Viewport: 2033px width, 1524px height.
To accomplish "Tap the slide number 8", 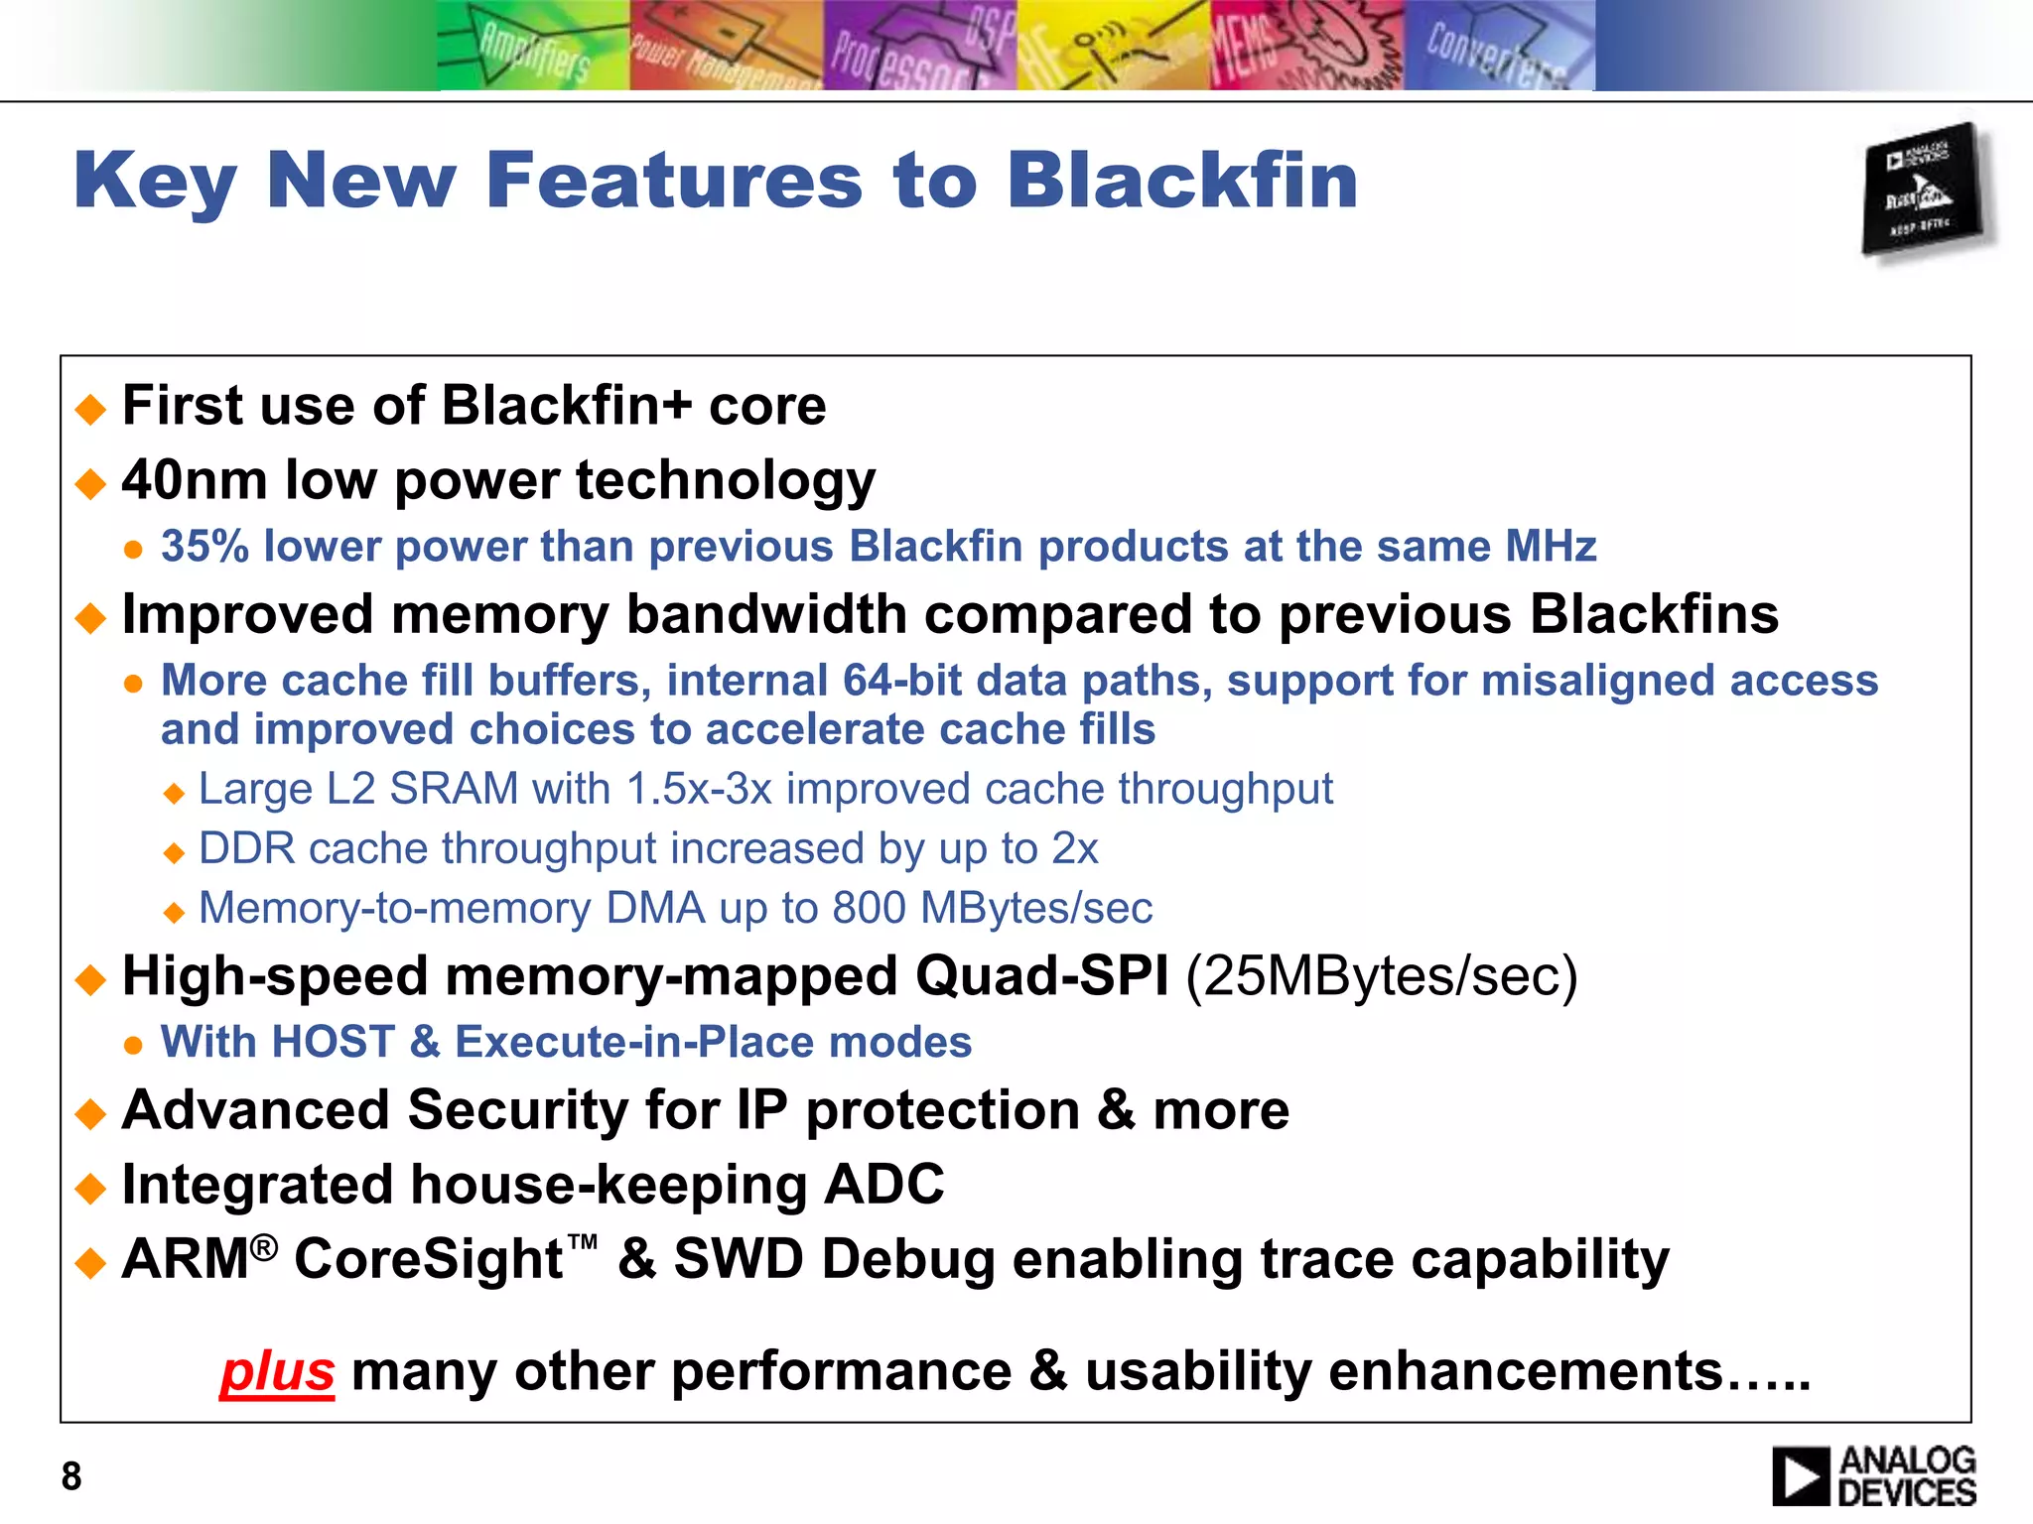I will pyautogui.click(x=71, y=1476).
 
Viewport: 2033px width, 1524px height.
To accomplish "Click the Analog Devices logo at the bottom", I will pyautogui.click(x=1874, y=1476).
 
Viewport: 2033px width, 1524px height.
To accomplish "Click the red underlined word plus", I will pyautogui.click(x=277, y=1371).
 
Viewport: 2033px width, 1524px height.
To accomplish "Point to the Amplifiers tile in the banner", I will pyautogui.click(x=534, y=48).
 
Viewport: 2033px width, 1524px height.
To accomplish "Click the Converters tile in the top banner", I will pyautogui.click(x=1499, y=48).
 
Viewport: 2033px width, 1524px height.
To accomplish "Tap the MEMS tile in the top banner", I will pyautogui.click(x=1306, y=48).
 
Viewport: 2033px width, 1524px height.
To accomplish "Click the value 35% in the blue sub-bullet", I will pyautogui.click(x=204, y=547).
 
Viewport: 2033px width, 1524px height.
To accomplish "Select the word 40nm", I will pyautogui.click(x=195, y=480).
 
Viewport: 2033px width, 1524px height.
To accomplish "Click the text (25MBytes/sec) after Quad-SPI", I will pyautogui.click(x=1381, y=976).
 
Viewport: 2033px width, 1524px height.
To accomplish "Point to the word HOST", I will pyautogui.click(x=333, y=1042).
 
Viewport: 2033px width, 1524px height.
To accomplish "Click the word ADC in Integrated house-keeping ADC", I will pyautogui.click(x=883, y=1184).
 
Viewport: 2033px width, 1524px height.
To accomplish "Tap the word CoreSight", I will pyautogui.click(x=429, y=1259).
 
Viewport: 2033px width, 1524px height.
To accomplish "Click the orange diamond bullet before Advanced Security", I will pyautogui.click(x=90, y=1112).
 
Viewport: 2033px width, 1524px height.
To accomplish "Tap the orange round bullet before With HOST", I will pyautogui.click(x=134, y=1045).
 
